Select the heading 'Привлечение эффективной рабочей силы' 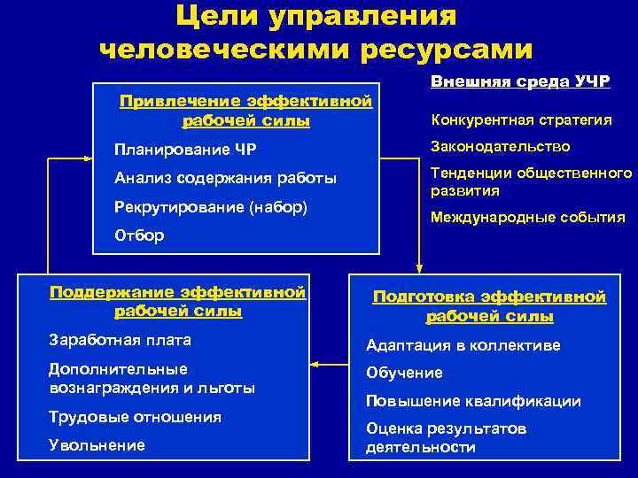(245, 111)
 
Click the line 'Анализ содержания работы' (226, 179)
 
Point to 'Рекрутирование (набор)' (211, 209)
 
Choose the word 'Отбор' (139, 235)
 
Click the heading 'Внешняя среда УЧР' (520, 81)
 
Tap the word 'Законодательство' (501, 147)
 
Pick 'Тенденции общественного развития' (531, 181)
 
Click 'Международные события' (527, 217)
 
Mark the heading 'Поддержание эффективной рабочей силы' (178, 301)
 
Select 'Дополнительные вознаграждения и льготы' (152, 378)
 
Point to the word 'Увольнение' (97, 445)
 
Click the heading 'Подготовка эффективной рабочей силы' (489, 307)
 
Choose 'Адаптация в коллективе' (463, 346)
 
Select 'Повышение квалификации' (473, 401)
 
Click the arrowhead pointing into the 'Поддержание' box (316, 363)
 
